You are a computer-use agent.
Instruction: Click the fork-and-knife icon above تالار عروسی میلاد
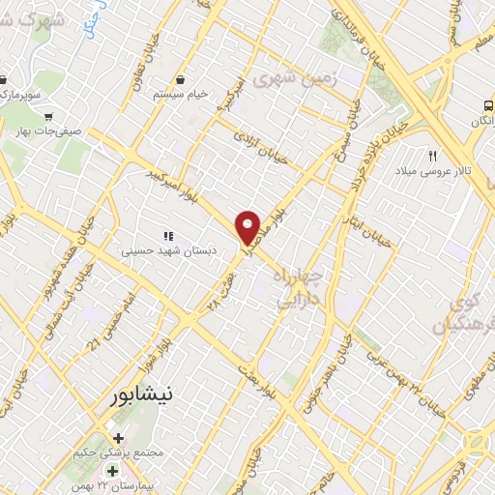click(x=433, y=154)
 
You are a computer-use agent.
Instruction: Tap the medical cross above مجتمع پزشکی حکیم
click(x=118, y=439)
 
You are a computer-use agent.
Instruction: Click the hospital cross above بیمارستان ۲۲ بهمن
click(x=112, y=472)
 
